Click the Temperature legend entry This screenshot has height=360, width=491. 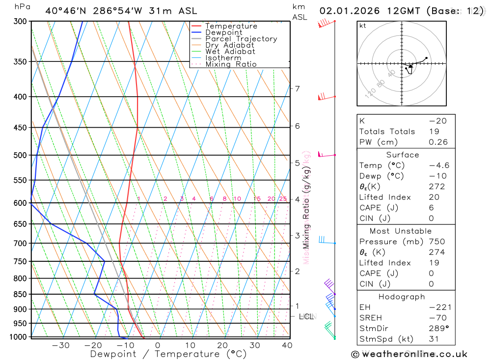231,26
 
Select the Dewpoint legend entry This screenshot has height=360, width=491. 224,32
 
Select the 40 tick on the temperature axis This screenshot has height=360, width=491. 287,345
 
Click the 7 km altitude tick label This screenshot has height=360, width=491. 297,88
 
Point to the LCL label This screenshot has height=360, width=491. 306,316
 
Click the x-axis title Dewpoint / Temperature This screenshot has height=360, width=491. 168,354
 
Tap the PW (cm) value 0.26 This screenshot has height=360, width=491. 438,142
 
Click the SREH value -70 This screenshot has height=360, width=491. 441,318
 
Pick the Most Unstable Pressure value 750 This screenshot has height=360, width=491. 436,242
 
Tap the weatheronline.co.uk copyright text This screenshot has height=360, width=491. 409,354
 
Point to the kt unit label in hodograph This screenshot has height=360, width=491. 363,26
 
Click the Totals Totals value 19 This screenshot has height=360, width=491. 434,131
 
